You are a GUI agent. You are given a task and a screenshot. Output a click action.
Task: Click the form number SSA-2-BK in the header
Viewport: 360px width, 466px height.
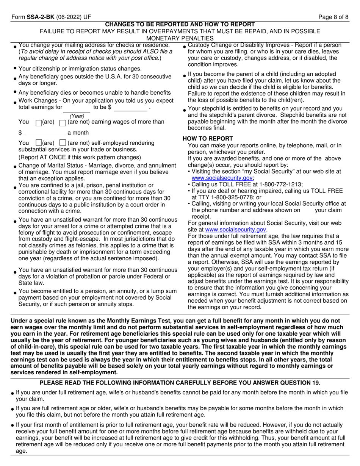click(38, 17)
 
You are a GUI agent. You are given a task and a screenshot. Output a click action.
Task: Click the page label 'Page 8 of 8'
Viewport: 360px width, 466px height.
click(333, 17)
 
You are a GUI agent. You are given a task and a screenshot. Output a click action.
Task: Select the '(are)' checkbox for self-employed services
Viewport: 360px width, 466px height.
click(38, 143)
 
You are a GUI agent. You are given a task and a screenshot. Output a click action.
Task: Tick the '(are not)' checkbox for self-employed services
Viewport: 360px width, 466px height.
click(63, 143)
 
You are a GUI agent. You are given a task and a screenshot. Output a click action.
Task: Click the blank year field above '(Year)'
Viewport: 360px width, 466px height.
click(77, 110)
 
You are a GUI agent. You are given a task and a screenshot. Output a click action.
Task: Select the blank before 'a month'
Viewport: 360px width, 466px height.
click(46, 133)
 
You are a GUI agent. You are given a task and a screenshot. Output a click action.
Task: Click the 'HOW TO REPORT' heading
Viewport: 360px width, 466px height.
click(208, 139)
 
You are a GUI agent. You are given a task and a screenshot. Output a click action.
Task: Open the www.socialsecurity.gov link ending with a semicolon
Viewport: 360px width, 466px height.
click(222, 178)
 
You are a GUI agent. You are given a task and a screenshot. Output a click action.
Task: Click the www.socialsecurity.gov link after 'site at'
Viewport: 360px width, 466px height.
click(235, 230)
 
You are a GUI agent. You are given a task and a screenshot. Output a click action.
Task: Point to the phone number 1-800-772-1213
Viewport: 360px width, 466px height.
click(280, 185)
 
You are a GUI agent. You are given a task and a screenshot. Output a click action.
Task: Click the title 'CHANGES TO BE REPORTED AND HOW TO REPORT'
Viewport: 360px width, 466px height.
click(180, 24)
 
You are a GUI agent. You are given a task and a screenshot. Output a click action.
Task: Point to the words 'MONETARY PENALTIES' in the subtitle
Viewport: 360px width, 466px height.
click(180, 38)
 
